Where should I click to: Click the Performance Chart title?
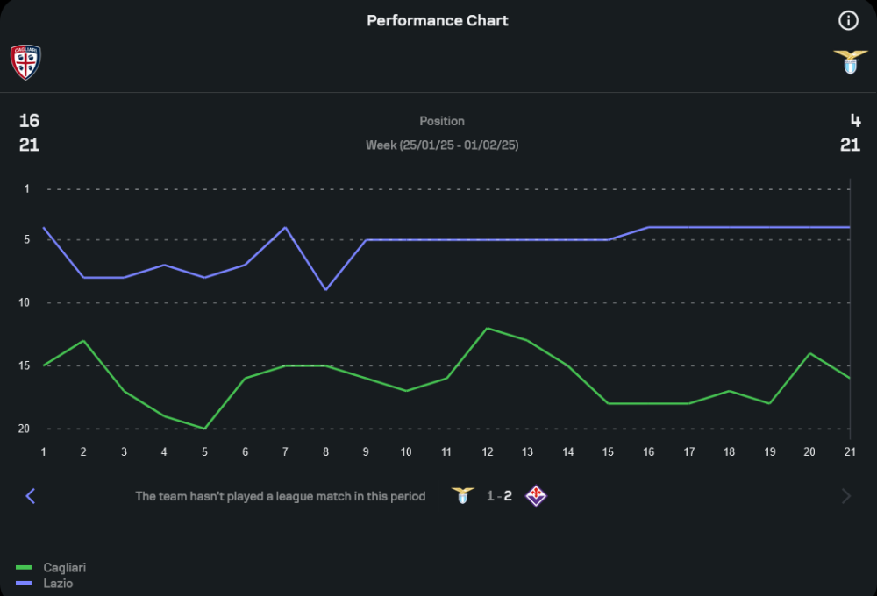click(x=438, y=20)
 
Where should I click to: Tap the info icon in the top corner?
click(x=848, y=20)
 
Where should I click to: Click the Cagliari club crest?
click(x=25, y=62)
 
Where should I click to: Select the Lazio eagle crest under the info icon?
click(x=850, y=62)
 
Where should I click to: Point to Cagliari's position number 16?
click(x=29, y=121)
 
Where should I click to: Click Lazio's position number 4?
click(x=855, y=121)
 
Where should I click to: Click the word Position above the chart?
click(x=442, y=121)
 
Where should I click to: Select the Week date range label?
click(x=442, y=145)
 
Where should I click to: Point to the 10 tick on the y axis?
click(x=26, y=302)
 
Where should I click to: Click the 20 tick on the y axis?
click(x=26, y=429)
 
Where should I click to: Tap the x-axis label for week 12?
click(x=487, y=451)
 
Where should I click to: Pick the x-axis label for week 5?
click(x=204, y=451)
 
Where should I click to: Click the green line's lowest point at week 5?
click(x=204, y=429)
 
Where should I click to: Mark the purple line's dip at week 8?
click(x=325, y=290)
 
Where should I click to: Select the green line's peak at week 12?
click(x=487, y=328)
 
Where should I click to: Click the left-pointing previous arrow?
click(x=31, y=496)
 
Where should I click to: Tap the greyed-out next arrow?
click(x=846, y=496)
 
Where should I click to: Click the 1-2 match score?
click(x=499, y=496)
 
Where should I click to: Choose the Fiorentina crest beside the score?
click(x=536, y=496)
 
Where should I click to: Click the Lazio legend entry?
click(x=58, y=583)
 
